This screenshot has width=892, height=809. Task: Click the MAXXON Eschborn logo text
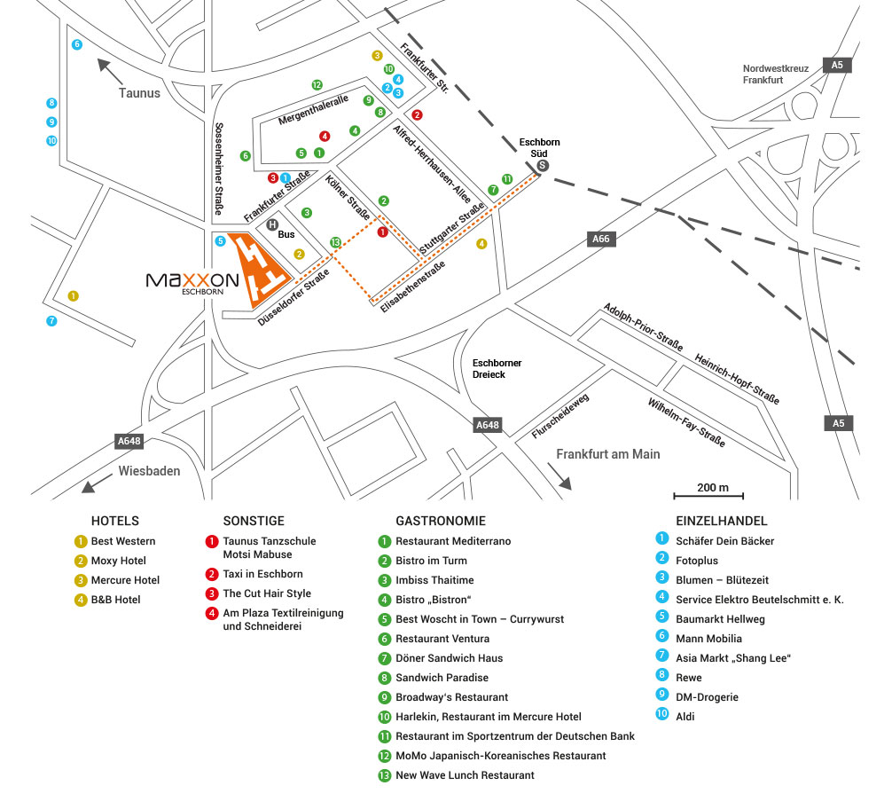(x=192, y=282)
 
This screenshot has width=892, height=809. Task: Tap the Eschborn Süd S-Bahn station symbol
(x=543, y=165)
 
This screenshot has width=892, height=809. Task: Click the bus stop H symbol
(x=273, y=225)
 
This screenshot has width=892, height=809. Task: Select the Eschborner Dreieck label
(x=497, y=368)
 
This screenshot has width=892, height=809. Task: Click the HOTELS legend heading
(x=115, y=522)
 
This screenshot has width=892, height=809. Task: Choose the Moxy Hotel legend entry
(x=118, y=561)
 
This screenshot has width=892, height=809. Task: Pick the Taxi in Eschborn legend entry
(x=262, y=574)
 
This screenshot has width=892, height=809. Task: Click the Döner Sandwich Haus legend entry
(x=449, y=658)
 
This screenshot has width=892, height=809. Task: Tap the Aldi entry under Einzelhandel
(x=685, y=717)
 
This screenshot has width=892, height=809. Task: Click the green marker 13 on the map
(x=335, y=242)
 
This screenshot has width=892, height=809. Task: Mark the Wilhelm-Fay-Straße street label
(x=687, y=422)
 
